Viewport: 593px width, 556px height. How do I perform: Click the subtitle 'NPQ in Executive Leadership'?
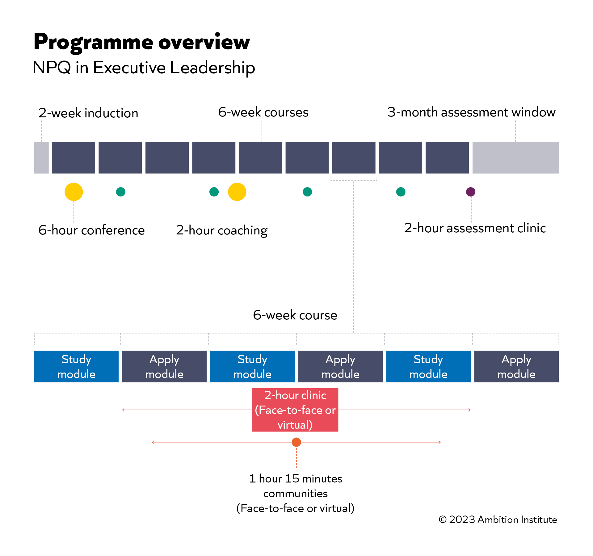click(144, 67)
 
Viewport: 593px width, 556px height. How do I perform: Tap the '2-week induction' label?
click(88, 113)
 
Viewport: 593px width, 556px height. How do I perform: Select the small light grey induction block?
click(41, 158)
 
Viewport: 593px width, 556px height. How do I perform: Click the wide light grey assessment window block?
click(515, 158)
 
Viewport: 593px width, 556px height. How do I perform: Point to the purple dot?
click(470, 192)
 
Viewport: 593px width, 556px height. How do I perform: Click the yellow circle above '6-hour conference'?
click(74, 192)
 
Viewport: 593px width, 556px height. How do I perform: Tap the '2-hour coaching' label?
click(221, 230)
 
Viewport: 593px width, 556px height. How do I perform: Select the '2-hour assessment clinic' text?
click(475, 228)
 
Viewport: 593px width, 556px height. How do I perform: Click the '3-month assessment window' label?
click(471, 112)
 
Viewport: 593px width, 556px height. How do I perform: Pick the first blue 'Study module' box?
click(76, 366)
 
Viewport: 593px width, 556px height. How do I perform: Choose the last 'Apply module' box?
click(516, 366)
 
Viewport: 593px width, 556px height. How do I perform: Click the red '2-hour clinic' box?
click(295, 410)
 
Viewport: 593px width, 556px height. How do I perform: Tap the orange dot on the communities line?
click(296, 442)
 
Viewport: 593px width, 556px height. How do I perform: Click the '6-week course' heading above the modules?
click(295, 315)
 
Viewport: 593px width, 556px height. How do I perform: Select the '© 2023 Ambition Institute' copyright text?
click(498, 520)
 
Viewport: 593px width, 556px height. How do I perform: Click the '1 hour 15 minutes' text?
click(296, 478)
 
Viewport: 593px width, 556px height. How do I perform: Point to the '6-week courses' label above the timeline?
click(263, 112)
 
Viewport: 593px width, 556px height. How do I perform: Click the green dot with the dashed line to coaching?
click(214, 192)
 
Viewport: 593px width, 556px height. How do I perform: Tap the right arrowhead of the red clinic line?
click(469, 410)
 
